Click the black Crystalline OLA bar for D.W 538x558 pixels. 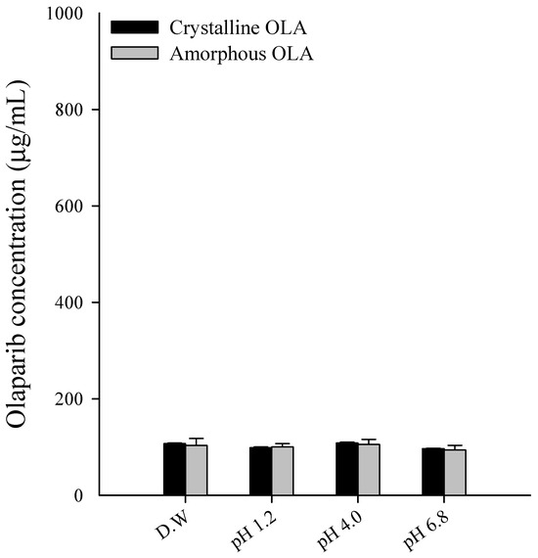pyautogui.click(x=174, y=470)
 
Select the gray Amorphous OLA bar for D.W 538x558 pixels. pyautogui.click(x=197, y=471)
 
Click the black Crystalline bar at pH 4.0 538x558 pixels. pyautogui.click(x=346, y=469)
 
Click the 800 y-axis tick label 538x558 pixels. pyautogui.click(x=73, y=110)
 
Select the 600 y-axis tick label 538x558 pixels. pyautogui.click(x=73, y=207)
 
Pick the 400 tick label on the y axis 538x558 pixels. pyautogui.click(x=73, y=302)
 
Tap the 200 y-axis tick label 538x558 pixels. pyautogui.click(x=73, y=399)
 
